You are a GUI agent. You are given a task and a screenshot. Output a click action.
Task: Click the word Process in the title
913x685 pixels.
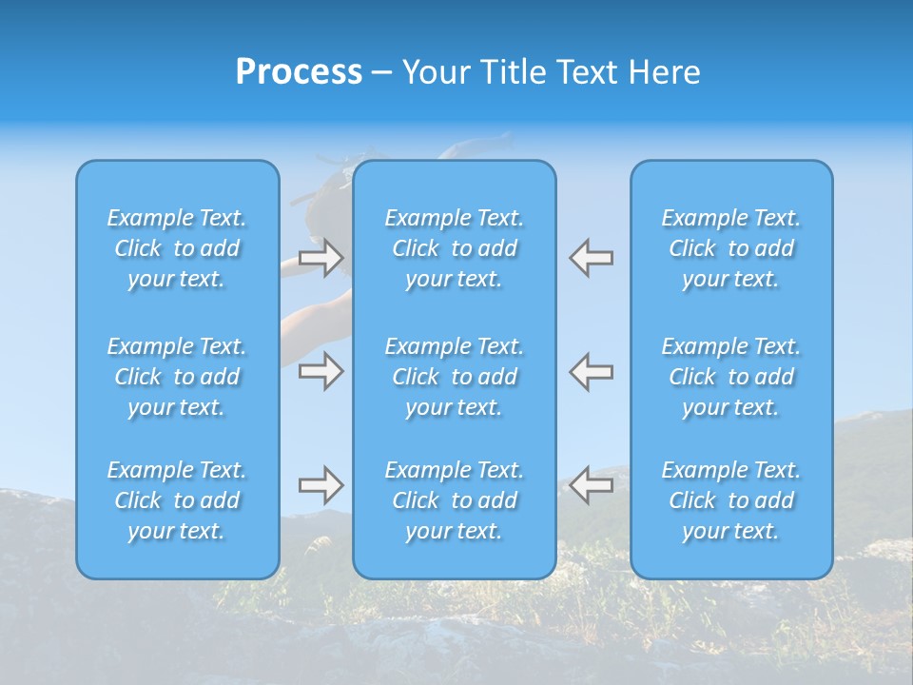(299, 72)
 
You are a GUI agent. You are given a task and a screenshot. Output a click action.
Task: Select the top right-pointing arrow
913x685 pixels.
(321, 257)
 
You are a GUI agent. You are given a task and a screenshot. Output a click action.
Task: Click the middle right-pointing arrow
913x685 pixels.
(321, 371)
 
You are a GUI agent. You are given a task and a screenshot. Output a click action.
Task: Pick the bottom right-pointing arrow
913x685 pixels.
(321, 486)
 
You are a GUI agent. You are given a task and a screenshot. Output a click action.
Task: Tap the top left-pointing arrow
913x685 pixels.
(592, 257)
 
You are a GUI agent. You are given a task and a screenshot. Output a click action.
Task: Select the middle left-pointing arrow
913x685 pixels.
(592, 371)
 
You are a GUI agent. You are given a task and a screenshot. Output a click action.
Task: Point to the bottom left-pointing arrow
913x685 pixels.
(592, 486)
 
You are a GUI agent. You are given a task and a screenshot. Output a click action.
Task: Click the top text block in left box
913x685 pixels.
(177, 248)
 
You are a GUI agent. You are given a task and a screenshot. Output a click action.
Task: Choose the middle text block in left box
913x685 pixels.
(177, 377)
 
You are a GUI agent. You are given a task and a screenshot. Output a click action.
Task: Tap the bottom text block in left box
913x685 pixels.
(177, 500)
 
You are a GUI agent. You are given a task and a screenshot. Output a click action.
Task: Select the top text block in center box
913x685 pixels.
(455, 248)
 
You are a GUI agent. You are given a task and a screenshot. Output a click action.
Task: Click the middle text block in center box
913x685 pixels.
(455, 377)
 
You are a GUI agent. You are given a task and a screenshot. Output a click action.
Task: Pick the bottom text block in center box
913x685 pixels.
(455, 500)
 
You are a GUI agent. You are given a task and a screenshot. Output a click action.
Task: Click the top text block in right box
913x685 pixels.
(731, 248)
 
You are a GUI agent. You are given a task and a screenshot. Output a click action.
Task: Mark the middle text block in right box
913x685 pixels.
(731, 377)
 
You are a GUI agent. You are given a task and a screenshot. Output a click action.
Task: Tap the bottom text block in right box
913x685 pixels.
(731, 500)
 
